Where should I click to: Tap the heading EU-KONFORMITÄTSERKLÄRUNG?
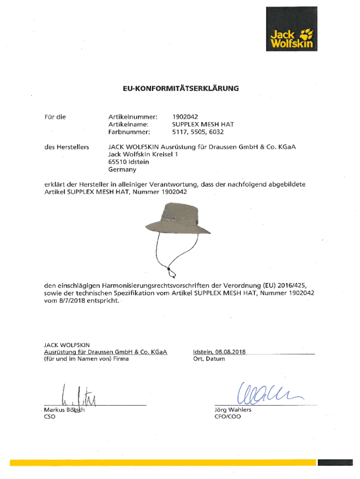pos(180,88)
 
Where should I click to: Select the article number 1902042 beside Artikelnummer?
pos(185,116)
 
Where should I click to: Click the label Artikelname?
pos(128,124)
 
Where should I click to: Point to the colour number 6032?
pos(209,132)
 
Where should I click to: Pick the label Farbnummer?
pos(129,132)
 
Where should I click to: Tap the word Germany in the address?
pos(122,169)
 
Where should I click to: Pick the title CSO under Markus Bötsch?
pos(50,417)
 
